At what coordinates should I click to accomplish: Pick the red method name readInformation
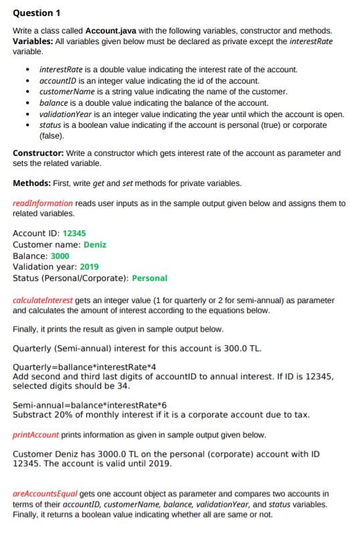(43, 203)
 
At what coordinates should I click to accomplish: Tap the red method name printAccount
(36, 435)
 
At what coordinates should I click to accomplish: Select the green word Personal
(149, 278)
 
